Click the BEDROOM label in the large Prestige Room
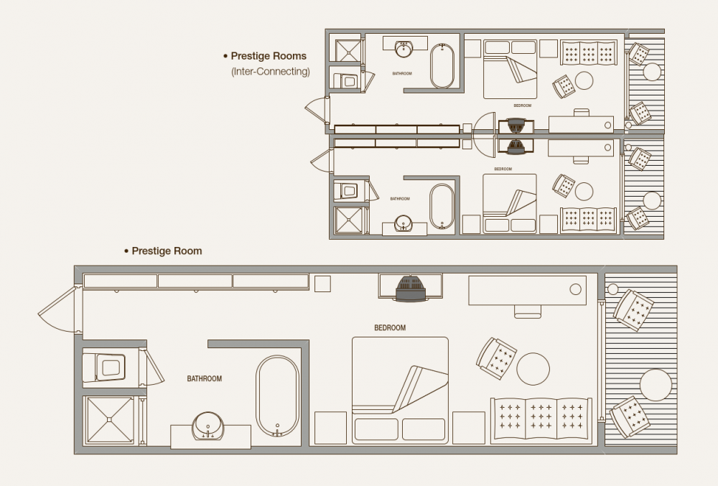click(x=390, y=327)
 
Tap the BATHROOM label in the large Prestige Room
click(x=204, y=378)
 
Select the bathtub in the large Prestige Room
click(x=277, y=396)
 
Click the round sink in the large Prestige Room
click(x=208, y=426)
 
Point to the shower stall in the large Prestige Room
click(x=109, y=420)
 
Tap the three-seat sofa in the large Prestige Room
click(x=541, y=420)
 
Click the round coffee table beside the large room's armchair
click(x=533, y=368)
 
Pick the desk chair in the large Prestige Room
click(x=528, y=311)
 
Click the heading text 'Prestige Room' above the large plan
click(x=167, y=251)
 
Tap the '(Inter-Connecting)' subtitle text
click(x=271, y=71)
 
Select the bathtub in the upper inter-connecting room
click(x=442, y=65)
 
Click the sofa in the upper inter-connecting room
click(x=589, y=53)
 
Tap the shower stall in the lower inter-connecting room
click(x=348, y=220)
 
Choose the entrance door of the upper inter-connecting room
click(x=317, y=110)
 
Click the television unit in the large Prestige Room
click(x=411, y=288)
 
